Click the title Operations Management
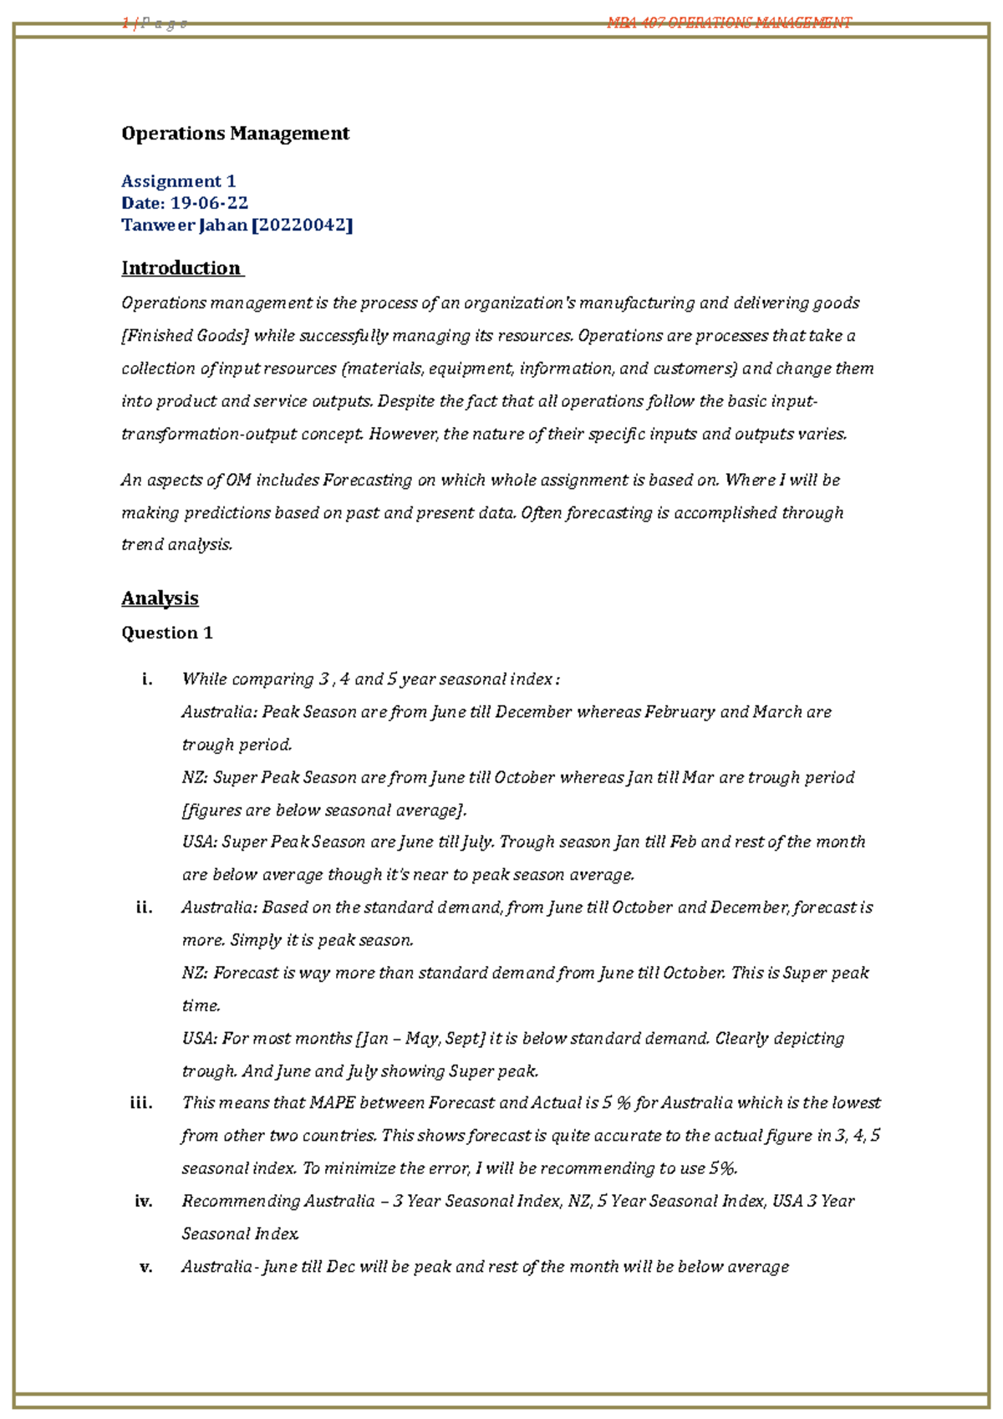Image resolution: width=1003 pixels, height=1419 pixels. click(x=235, y=134)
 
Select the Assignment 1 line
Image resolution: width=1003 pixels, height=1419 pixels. click(x=178, y=181)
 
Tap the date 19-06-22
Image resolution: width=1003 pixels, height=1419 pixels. click(x=209, y=203)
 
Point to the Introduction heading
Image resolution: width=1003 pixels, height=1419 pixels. click(x=181, y=268)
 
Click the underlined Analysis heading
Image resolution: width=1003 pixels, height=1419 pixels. click(x=160, y=598)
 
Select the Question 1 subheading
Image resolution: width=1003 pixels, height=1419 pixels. click(x=167, y=633)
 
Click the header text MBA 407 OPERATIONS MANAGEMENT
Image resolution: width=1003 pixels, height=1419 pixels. click(x=729, y=23)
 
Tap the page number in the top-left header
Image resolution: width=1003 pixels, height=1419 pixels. click(x=125, y=23)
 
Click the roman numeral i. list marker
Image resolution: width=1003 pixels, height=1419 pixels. click(x=147, y=679)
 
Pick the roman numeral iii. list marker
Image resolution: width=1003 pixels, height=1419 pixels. click(x=141, y=1103)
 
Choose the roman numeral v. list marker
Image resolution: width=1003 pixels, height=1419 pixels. click(x=145, y=1267)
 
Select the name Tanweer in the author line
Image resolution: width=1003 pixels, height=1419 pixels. click(x=157, y=225)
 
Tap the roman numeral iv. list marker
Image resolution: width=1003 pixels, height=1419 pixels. click(x=143, y=1202)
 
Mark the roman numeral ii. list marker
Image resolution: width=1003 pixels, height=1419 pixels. click(x=144, y=908)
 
